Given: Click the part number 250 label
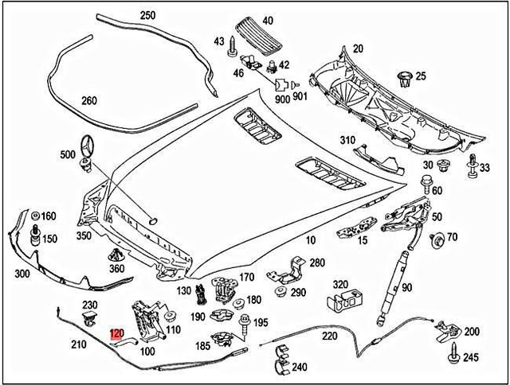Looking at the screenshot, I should click(x=147, y=15).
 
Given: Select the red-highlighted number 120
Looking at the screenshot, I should click(x=117, y=334).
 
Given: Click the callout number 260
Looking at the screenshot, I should click(x=89, y=100).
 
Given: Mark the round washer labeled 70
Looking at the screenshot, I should click(x=436, y=237).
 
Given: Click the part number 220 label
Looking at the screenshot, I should click(x=308, y=336).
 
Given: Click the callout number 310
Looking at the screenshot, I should click(x=347, y=140).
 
